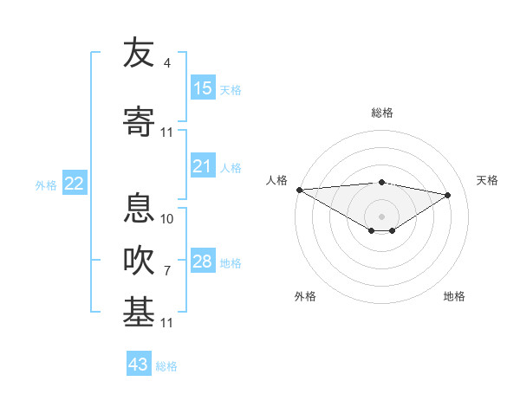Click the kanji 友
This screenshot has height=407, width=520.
click(x=139, y=54)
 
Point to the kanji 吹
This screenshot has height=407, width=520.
click(x=139, y=260)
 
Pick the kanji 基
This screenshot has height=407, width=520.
click(x=139, y=312)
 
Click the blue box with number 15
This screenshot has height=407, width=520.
click(x=203, y=88)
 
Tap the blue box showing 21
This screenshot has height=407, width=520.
click(x=203, y=166)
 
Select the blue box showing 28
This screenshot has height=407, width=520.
click(x=203, y=262)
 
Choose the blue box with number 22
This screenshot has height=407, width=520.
click(x=74, y=184)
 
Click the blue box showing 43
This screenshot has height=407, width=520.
click(x=139, y=365)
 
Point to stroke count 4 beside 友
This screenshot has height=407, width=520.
click(x=166, y=63)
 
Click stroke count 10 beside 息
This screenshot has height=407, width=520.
click(x=166, y=218)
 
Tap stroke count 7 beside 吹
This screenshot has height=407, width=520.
click(x=166, y=270)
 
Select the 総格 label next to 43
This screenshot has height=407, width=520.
click(x=166, y=365)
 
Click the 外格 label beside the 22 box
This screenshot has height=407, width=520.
click(x=46, y=184)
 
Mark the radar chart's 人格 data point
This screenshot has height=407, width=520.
click(x=299, y=190)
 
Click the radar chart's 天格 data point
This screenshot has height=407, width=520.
click(x=448, y=195)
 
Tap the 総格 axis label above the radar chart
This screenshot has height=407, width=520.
click(x=381, y=113)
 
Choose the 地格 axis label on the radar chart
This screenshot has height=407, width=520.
click(x=454, y=296)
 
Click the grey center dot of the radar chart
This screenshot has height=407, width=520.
click(x=381, y=216)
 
